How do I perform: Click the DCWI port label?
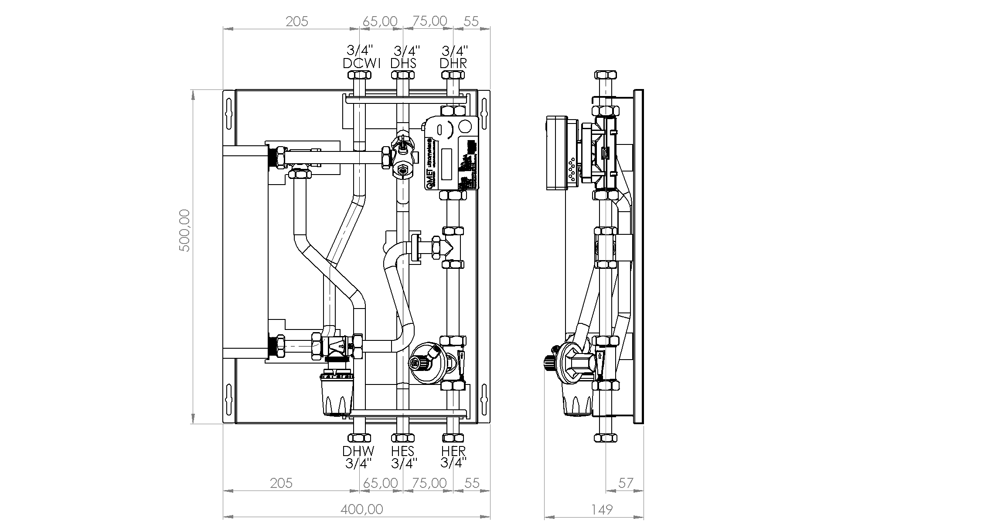pyautogui.click(x=361, y=63)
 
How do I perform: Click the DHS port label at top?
pyautogui.click(x=403, y=63)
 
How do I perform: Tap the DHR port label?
pyautogui.click(x=453, y=63)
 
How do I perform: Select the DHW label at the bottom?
pyautogui.click(x=358, y=451)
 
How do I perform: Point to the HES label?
pyautogui.click(x=402, y=451)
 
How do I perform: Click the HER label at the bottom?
pyautogui.click(x=453, y=451)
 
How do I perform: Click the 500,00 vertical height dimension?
pyautogui.click(x=185, y=230)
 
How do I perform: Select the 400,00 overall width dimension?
pyautogui.click(x=362, y=509)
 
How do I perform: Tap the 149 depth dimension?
pyautogui.click(x=602, y=509)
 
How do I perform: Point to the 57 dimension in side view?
pyautogui.click(x=626, y=483)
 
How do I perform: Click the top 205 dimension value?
pyautogui.click(x=296, y=21)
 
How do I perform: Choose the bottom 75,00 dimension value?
pyautogui.click(x=429, y=483)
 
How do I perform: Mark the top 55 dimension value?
pyautogui.click(x=471, y=21)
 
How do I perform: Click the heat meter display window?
pyautogui.click(x=446, y=164)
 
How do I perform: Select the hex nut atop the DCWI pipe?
pyautogui.click(x=359, y=75)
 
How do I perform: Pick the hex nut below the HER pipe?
pyautogui.click(x=453, y=438)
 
